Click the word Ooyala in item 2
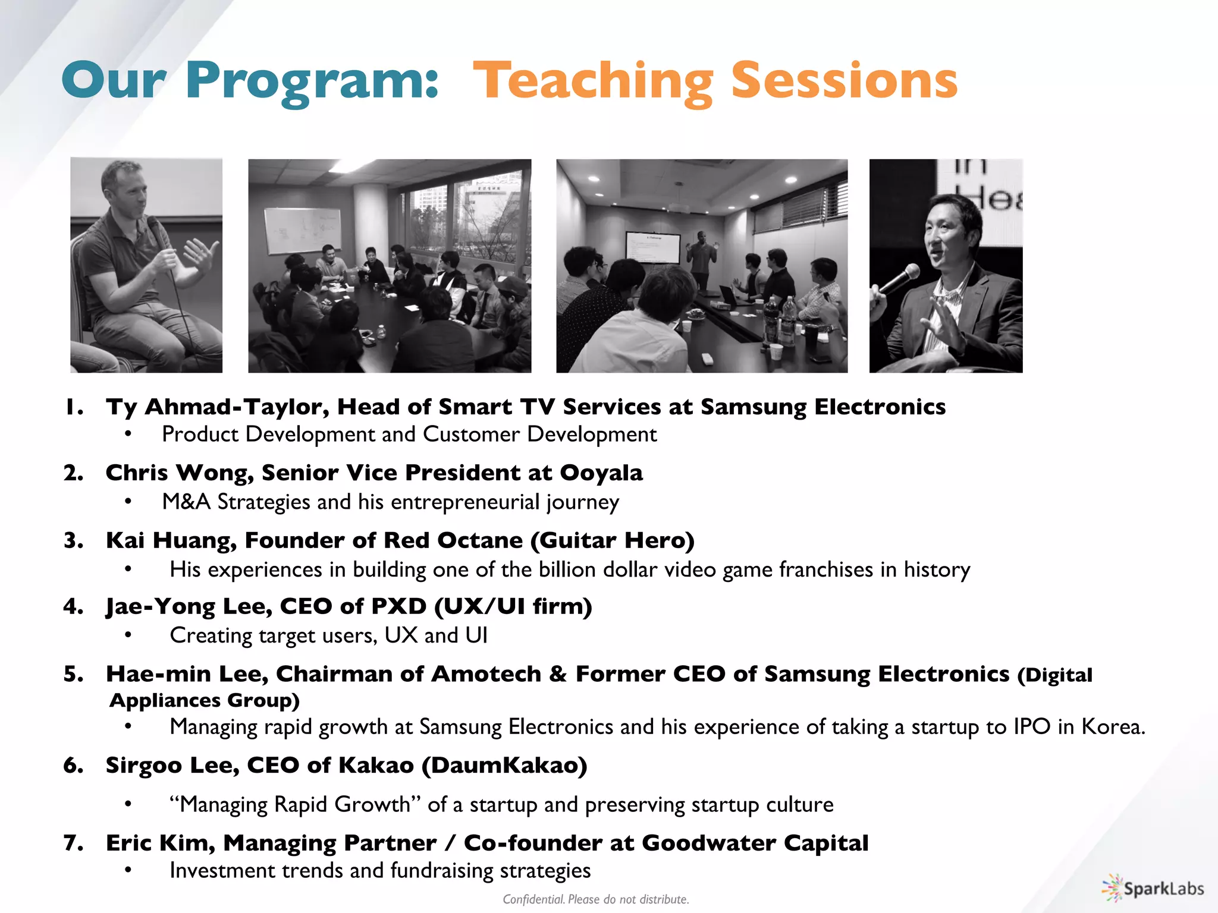click(x=601, y=473)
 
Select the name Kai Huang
click(x=171, y=540)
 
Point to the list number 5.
click(x=73, y=674)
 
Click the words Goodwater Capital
click(x=755, y=843)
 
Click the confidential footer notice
click(x=596, y=899)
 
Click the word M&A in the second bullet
click(x=186, y=502)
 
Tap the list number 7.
click(x=73, y=843)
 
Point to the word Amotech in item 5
click(x=486, y=674)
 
